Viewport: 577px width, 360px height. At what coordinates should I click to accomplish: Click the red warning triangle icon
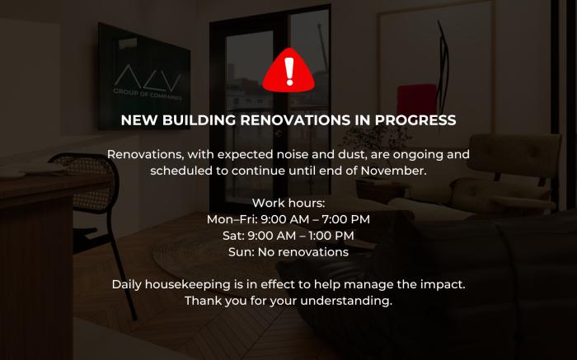[x=288, y=72]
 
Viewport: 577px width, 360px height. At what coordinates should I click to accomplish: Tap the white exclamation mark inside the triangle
[x=288, y=72]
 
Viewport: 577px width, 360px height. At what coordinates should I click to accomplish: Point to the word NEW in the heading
[x=138, y=120]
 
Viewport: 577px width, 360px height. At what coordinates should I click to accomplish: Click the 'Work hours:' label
[x=288, y=203]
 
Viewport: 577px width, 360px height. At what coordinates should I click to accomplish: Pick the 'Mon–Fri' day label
[x=231, y=219]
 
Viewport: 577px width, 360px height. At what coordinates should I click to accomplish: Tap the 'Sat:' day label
[x=234, y=236]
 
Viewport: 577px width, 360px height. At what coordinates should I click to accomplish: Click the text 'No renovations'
[x=304, y=252]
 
